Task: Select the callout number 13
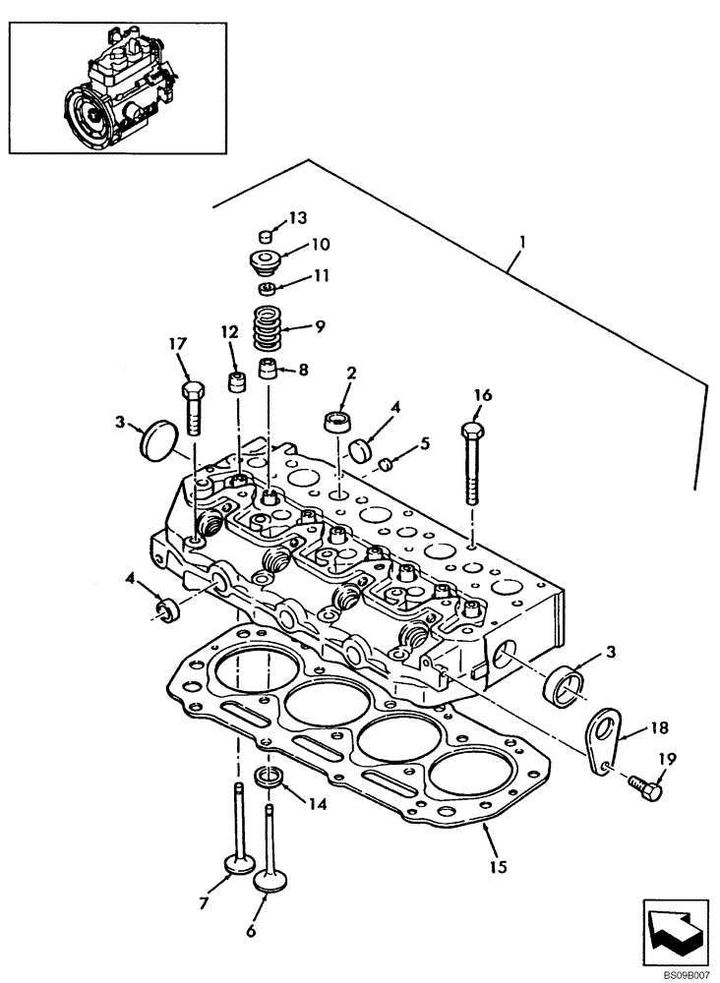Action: click(298, 216)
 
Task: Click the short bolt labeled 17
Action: click(194, 405)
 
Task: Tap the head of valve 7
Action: click(237, 865)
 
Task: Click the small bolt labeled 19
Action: click(644, 785)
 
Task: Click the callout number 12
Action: click(228, 333)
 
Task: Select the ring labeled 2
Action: click(337, 425)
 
